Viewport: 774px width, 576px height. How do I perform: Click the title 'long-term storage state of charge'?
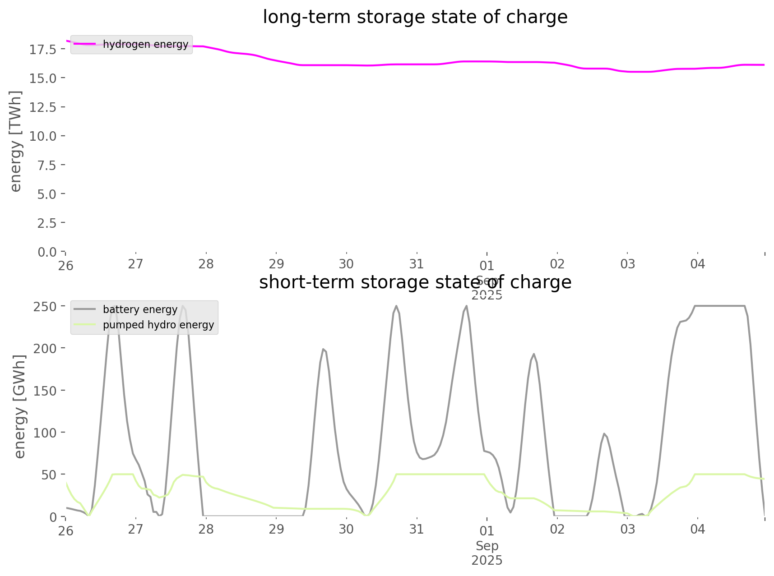[415, 17]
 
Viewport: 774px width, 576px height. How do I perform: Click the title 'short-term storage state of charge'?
[415, 282]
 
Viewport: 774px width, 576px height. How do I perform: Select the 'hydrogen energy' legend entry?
[145, 44]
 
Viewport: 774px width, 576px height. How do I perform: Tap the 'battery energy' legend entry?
[140, 309]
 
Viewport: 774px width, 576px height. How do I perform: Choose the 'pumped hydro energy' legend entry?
[158, 325]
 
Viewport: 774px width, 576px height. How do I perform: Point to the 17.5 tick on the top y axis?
[43, 50]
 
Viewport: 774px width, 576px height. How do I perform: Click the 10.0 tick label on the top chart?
[43, 136]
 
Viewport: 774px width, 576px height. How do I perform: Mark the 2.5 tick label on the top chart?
[47, 223]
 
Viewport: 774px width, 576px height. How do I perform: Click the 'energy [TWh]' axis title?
[16, 141]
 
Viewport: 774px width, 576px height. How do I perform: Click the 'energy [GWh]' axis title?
[20, 406]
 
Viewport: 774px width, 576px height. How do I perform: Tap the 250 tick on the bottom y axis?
[45, 307]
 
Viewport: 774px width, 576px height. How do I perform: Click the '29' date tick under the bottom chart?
[276, 529]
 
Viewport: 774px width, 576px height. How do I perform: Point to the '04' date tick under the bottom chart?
[697, 529]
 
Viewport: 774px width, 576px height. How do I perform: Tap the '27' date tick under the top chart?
[135, 264]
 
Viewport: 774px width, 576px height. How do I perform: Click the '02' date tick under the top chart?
[557, 264]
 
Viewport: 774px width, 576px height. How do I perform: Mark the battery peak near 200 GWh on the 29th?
[323, 349]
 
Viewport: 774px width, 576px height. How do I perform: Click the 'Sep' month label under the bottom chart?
[487, 546]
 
